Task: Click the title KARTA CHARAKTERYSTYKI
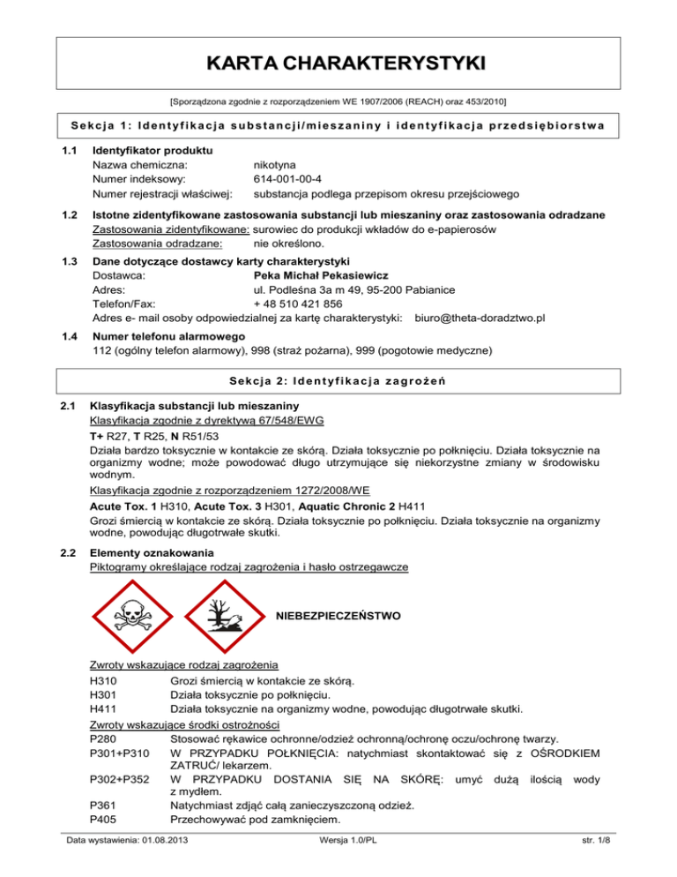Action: [x=338, y=64]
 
